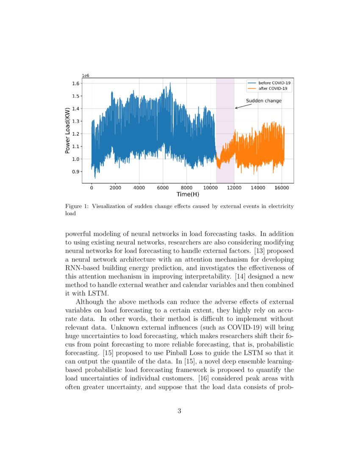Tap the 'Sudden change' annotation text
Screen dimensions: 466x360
[x=263, y=101]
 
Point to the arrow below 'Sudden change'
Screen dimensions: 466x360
[x=242, y=106]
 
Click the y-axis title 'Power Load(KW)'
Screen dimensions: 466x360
[x=67, y=130]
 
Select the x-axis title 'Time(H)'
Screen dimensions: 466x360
[x=188, y=194]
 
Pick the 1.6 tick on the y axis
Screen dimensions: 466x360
[x=76, y=83]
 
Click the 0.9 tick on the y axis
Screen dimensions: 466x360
[x=76, y=172]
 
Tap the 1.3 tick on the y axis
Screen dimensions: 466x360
[x=76, y=122]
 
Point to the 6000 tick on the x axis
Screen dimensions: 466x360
[x=163, y=187]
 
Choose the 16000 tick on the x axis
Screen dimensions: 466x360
[x=282, y=187]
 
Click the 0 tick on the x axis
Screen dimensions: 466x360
[x=91, y=187]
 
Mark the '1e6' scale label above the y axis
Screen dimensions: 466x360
[x=86, y=75]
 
